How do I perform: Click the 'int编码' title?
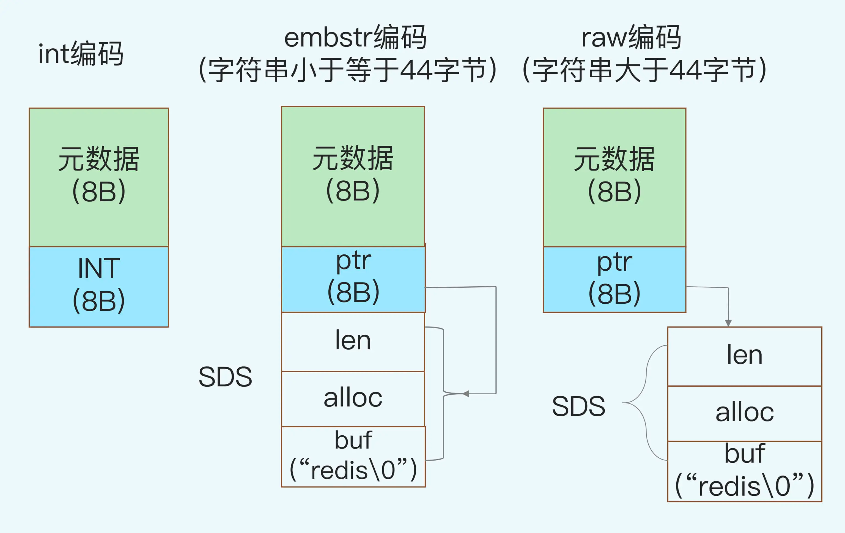(x=81, y=53)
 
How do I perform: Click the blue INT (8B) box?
(x=99, y=287)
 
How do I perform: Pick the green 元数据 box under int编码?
(x=99, y=177)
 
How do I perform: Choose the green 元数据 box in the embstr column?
(x=353, y=177)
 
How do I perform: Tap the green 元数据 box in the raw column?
(x=614, y=177)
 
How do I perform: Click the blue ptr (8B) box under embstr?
(x=353, y=279)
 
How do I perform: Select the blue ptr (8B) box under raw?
(x=614, y=279)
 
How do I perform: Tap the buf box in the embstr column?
(x=353, y=457)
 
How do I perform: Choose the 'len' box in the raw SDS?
(x=745, y=356)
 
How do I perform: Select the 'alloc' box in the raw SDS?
(x=745, y=414)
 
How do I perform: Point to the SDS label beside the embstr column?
(x=225, y=377)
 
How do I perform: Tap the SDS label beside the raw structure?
(x=579, y=406)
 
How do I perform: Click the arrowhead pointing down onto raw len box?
(x=728, y=323)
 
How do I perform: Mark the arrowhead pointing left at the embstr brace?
(x=466, y=394)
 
